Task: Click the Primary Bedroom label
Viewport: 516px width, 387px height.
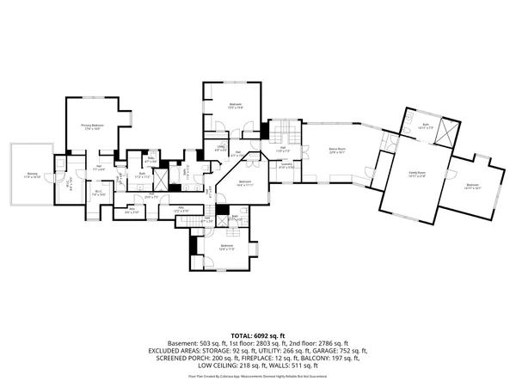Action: click(x=92, y=127)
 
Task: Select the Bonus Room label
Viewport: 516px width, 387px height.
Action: click(x=336, y=150)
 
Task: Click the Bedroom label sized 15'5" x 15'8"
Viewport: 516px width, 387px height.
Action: click(x=235, y=106)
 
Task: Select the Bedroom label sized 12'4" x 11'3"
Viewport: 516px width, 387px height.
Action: click(x=226, y=247)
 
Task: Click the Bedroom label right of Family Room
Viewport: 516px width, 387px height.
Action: click(x=472, y=186)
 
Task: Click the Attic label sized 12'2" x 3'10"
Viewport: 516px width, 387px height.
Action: click(x=181, y=208)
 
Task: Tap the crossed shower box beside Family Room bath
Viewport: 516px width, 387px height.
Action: click(x=445, y=133)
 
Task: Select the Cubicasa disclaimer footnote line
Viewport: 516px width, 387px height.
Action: click(x=257, y=376)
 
